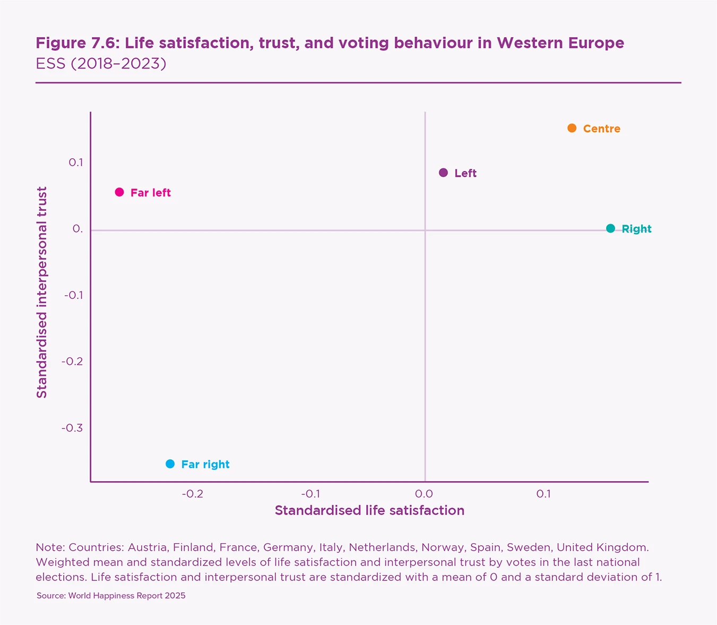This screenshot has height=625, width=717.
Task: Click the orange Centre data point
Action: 572,128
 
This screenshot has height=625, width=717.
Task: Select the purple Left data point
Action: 444,173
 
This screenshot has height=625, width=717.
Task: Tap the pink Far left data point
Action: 119,192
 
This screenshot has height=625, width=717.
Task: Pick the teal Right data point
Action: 610,228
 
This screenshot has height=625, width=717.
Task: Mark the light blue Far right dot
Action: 170,464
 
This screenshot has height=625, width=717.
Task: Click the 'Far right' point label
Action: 205,465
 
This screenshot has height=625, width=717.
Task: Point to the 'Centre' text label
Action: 601,129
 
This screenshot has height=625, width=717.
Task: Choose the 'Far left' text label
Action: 151,193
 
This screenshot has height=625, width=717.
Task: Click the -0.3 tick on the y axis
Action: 72,428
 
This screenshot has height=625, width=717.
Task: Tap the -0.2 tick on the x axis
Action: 192,494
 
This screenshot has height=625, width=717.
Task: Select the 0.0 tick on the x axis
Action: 424,494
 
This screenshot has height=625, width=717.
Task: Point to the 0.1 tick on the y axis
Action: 76,162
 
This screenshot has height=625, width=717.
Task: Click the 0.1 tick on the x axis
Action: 543,494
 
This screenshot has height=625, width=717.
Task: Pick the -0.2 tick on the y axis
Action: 72,362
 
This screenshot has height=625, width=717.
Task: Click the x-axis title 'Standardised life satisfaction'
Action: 369,511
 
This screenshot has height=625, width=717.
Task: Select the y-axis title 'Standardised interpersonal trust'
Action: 42,292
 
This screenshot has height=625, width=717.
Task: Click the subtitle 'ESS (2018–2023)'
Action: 101,64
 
